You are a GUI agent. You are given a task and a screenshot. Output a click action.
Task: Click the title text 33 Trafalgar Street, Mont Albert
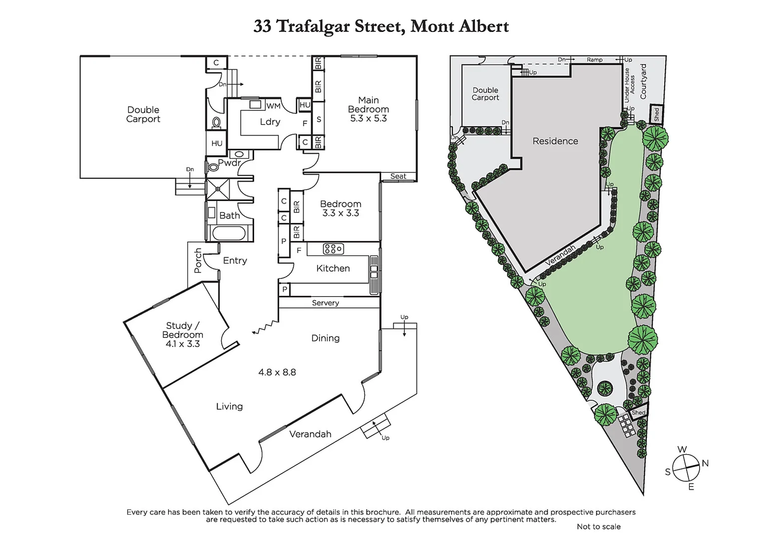[381, 26]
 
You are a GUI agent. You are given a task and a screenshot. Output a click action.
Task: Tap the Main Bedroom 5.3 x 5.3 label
[369, 109]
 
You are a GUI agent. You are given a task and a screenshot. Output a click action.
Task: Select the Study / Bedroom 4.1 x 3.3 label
[182, 334]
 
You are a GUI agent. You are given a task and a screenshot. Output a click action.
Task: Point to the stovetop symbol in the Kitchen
[333, 249]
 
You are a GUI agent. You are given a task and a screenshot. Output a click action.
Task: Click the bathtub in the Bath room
[229, 233]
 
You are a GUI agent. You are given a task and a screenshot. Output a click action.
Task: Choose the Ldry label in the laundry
[270, 122]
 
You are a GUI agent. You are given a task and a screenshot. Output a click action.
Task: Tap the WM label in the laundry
[273, 106]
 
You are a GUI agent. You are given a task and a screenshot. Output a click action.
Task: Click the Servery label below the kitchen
[325, 303]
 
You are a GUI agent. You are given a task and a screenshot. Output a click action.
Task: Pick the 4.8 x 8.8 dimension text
[277, 372]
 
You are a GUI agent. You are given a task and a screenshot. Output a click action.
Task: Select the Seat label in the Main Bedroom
[398, 176]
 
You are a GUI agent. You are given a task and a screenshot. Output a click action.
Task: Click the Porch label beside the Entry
[198, 261]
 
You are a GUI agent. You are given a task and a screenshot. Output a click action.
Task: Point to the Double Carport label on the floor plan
[143, 114]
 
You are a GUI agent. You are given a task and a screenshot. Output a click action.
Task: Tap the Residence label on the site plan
[555, 141]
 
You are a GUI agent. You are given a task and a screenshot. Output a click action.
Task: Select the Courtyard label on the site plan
[643, 81]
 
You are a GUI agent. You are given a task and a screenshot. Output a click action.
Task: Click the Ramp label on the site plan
[594, 59]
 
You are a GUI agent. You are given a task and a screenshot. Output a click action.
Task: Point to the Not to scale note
[598, 527]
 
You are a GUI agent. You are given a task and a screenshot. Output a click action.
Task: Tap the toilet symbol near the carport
[216, 123]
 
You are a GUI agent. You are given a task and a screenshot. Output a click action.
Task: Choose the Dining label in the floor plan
[325, 338]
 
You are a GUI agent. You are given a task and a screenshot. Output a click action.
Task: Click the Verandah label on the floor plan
[310, 434]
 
